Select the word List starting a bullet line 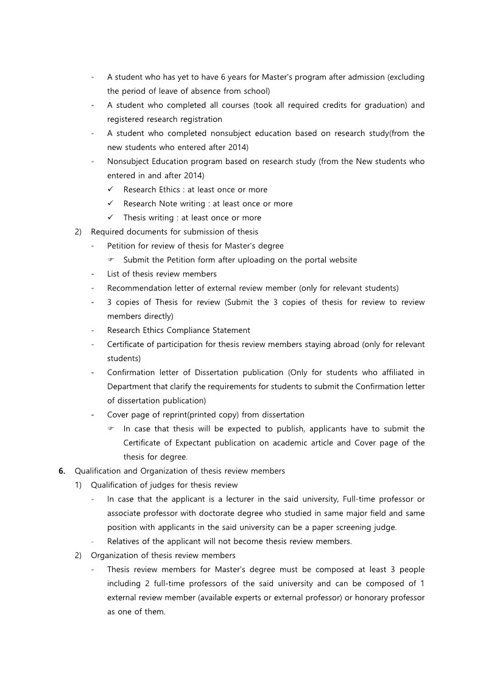[114, 274]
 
